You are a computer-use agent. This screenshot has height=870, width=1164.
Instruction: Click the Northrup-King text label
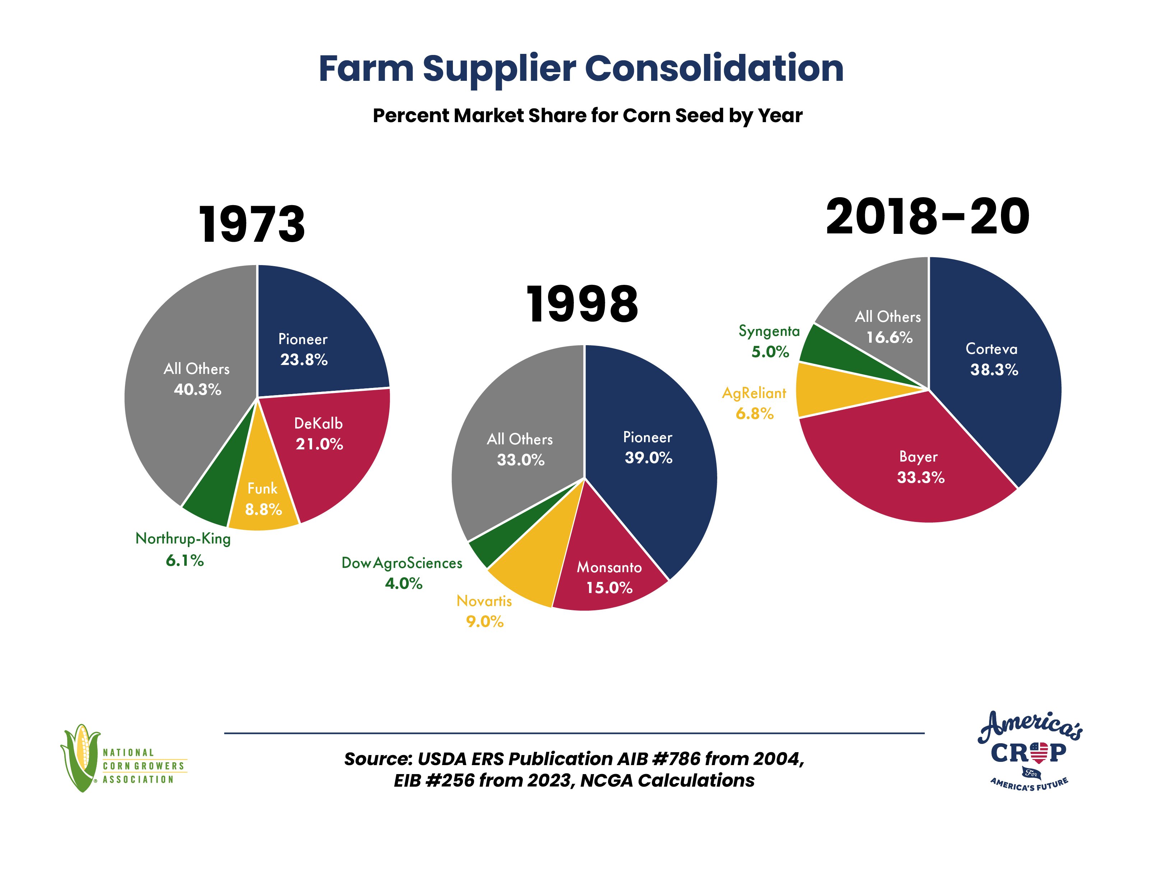[183, 539]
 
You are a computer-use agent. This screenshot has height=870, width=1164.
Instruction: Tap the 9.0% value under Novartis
[484, 621]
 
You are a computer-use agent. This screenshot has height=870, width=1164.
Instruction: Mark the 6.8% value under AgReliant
[755, 414]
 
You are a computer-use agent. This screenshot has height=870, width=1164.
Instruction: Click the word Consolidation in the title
[714, 69]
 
